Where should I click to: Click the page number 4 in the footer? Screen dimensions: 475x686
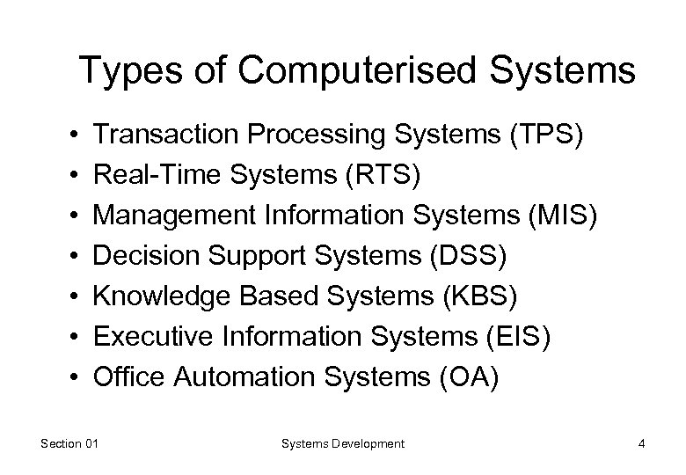pyautogui.click(x=643, y=444)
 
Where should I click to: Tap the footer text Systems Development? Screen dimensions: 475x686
pyautogui.click(x=343, y=444)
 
